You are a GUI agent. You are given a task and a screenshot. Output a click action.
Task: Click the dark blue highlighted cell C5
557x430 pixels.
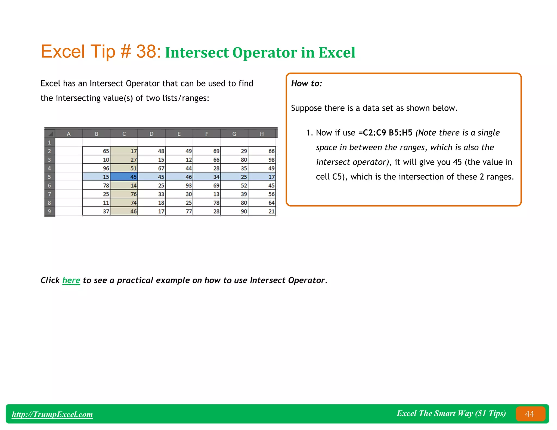point(124,177)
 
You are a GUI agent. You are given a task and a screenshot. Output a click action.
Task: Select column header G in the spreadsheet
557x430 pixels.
point(234,134)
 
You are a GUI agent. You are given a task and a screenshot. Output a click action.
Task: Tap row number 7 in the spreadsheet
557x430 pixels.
point(49,194)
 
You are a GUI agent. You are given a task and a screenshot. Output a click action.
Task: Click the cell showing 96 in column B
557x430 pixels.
point(97,168)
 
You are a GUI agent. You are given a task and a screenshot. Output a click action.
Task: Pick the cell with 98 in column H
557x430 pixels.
point(262,160)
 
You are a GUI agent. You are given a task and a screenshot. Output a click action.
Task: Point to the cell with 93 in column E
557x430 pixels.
point(179,185)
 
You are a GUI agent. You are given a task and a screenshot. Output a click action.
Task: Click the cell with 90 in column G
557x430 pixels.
point(234,211)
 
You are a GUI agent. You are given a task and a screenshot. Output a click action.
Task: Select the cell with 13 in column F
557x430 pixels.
point(207,194)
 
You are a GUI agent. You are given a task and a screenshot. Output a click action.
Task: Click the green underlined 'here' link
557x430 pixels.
point(71,280)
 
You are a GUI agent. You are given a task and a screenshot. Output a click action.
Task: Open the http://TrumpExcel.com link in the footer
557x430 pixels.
point(52,414)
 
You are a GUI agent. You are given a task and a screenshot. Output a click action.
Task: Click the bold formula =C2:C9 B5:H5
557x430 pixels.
point(385,133)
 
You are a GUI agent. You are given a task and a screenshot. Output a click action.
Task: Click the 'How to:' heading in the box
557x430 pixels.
point(307,83)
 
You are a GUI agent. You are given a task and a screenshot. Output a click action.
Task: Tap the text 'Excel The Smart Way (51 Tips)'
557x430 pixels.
point(451,413)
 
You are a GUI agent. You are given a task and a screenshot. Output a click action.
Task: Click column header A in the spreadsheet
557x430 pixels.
point(69,134)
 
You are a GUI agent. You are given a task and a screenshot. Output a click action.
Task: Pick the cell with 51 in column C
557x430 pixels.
point(124,168)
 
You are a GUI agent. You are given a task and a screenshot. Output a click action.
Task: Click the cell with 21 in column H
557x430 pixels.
point(262,211)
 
